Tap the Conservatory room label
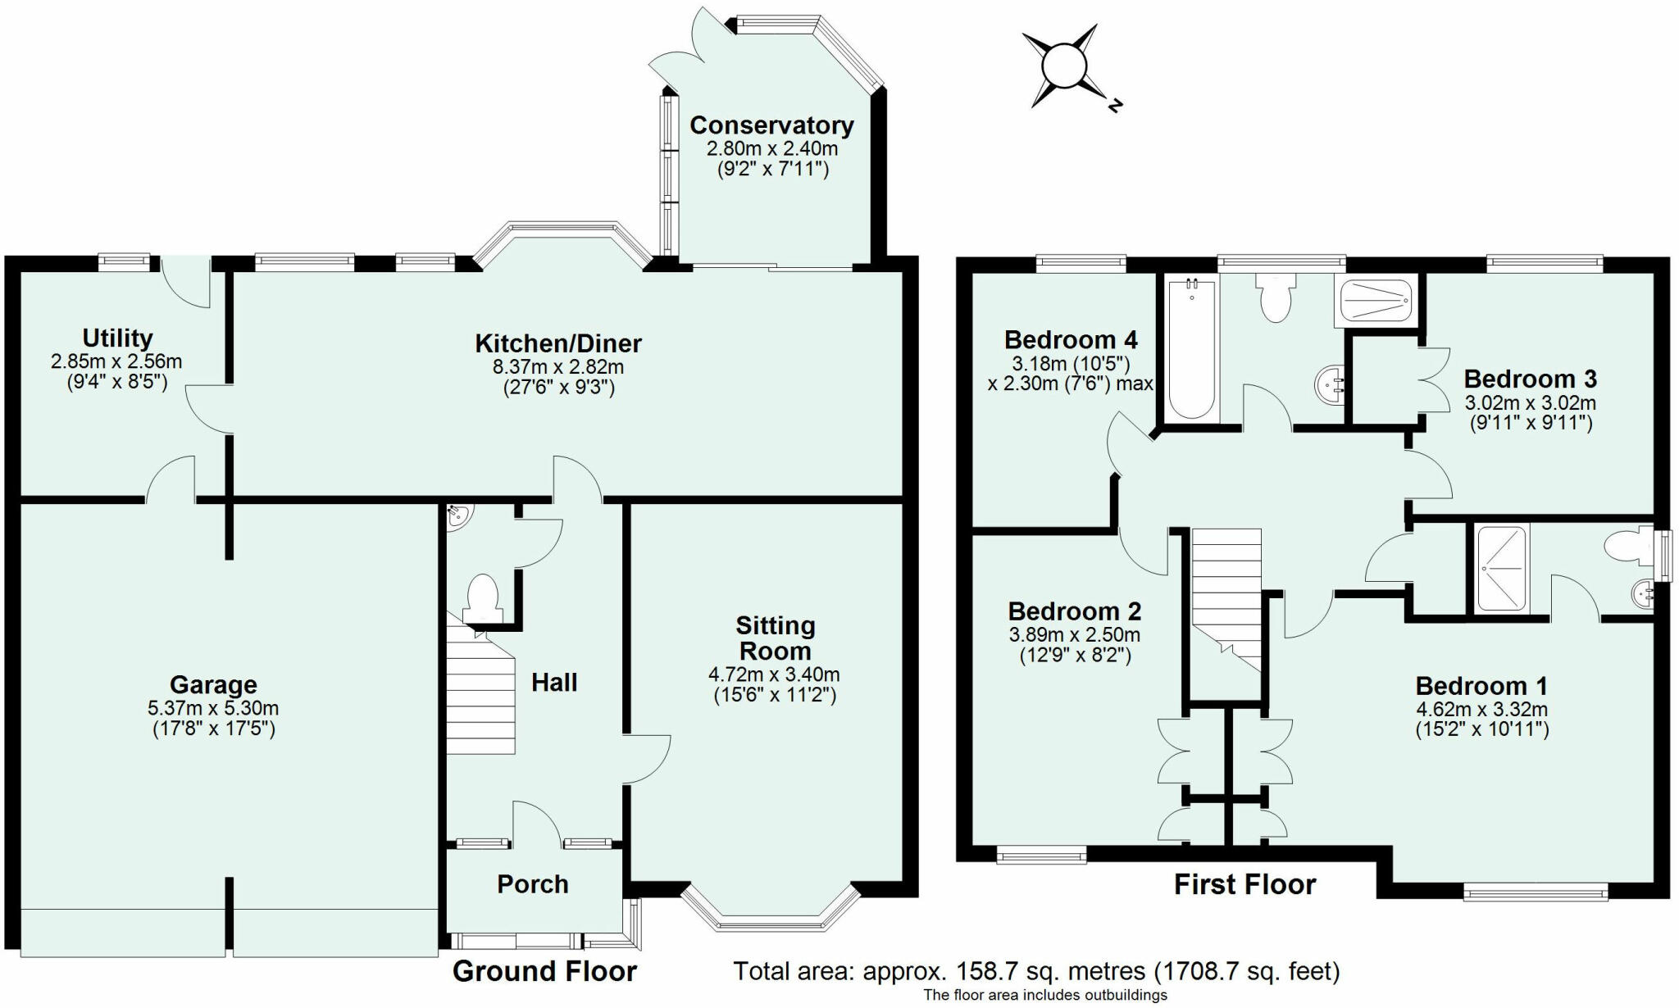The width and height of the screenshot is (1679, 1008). (x=771, y=125)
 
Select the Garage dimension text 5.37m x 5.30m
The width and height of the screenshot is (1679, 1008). (x=213, y=708)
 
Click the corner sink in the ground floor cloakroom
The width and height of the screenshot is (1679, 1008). (x=457, y=515)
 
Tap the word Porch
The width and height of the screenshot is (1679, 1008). (x=533, y=884)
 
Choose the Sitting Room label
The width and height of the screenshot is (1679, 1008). (x=775, y=638)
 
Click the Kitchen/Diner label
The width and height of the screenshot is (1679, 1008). (x=558, y=343)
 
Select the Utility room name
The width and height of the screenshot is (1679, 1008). (x=117, y=338)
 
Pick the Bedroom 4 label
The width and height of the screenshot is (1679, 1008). (x=1071, y=339)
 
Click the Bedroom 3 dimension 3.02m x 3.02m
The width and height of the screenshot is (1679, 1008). (x=1530, y=403)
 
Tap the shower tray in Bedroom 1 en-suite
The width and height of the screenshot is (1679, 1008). (x=1502, y=570)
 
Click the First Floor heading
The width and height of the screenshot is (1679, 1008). (x=1244, y=885)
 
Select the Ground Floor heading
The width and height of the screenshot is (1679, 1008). (x=544, y=971)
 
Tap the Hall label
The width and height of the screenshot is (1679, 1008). (x=554, y=683)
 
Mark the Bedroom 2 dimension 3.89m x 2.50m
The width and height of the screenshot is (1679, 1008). (x=1074, y=635)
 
